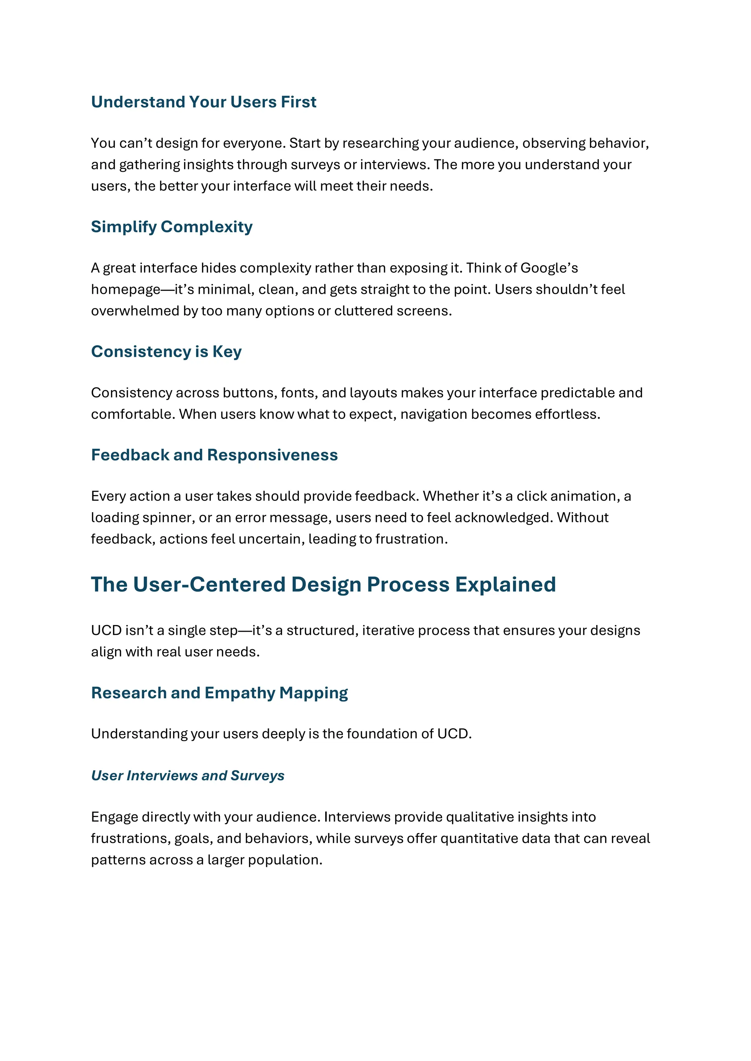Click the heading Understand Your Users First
204,102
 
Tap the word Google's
549,268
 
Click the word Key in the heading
227,352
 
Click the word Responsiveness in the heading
272,455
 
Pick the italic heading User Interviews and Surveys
188,776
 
